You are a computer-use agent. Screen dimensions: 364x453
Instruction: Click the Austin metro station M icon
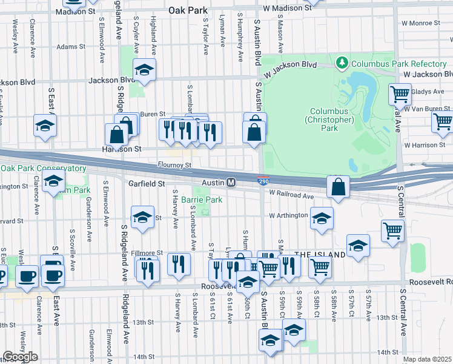[x=231, y=183]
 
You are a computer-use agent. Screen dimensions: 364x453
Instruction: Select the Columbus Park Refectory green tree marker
[x=342, y=63]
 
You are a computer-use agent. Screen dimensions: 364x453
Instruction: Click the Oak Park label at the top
[x=188, y=10]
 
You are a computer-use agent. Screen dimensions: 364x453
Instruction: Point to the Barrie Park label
[x=202, y=200]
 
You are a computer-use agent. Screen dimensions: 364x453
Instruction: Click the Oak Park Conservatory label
[x=44, y=168]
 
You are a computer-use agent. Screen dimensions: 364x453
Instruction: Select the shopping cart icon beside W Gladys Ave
[x=400, y=95]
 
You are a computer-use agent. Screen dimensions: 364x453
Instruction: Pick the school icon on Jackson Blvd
[x=145, y=71]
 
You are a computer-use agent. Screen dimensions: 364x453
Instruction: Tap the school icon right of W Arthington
[x=322, y=218]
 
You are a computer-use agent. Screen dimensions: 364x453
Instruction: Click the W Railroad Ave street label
[x=291, y=196]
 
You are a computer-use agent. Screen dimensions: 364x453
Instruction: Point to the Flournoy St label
[x=176, y=164]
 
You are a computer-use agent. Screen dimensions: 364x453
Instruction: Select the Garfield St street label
[x=146, y=183]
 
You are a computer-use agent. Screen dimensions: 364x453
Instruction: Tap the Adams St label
[x=67, y=47]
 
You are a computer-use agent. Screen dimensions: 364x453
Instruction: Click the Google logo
[x=20, y=357]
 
